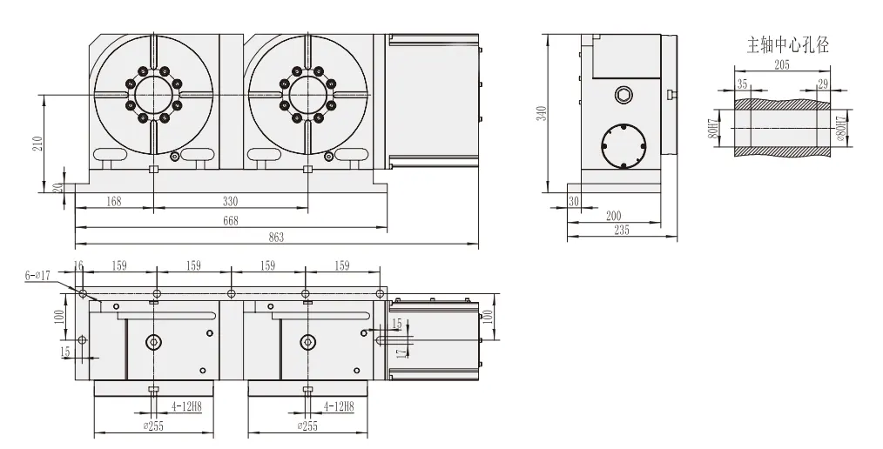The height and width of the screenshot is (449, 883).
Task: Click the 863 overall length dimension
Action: click(x=276, y=237)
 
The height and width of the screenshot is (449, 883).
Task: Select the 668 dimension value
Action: click(x=231, y=220)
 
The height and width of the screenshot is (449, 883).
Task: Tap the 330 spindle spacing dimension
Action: click(x=231, y=201)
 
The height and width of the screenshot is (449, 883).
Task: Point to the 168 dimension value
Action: click(x=113, y=201)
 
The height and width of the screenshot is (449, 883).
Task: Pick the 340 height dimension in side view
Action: click(x=541, y=113)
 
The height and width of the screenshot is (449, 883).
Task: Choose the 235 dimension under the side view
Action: click(x=622, y=231)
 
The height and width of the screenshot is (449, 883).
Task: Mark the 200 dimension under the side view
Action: click(x=612, y=216)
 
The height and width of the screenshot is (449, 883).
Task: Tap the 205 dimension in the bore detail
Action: click(x=781, y=65)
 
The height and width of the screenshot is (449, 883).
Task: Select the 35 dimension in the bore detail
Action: click(x=742, y=83)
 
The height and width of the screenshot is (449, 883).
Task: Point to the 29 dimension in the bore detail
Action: click(x=823, y=83)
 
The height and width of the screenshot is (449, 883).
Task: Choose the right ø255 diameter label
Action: click(x=307, y=426)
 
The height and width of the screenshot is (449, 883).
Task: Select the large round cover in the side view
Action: click(x=624, y=145)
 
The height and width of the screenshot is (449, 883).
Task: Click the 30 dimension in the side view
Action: click(x=574, y=201)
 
